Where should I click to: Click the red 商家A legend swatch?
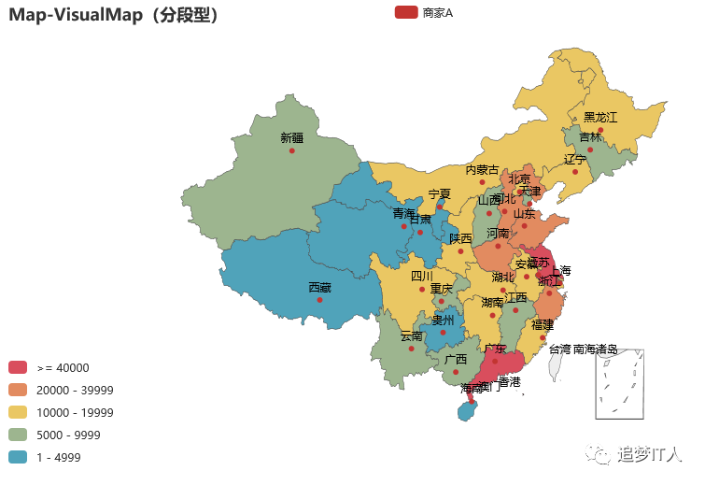[405, 12]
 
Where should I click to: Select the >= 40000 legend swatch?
[19, 368]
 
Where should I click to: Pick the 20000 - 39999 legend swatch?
[19, 391]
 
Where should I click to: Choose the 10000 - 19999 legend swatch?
[19, 413]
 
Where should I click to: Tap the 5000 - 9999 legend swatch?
[19, 435]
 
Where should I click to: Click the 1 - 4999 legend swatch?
[19, 458]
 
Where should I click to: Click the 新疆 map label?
[291, 137]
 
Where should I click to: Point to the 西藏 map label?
[319, 288]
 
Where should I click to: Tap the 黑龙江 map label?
[600, 117]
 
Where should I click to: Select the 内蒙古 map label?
[482, 170]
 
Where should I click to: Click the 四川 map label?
[422, 277]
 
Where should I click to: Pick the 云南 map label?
[411, 336]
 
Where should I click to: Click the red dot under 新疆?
[291, 150]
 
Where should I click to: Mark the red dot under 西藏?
[319, 300]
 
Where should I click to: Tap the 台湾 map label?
[558, 349]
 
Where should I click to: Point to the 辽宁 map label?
[575, 159]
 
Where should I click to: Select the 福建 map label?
[542, 325]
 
